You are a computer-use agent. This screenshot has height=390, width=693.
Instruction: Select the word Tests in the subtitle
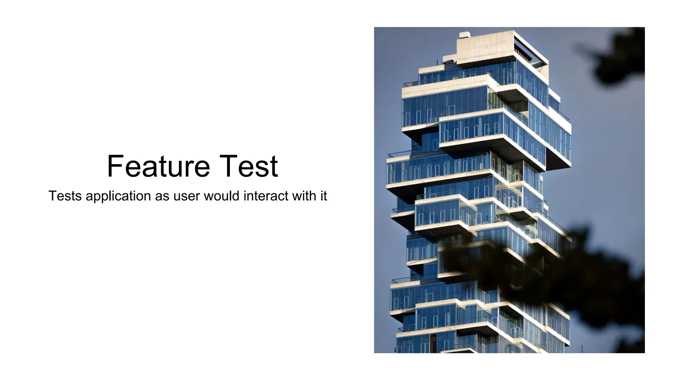[65, 196]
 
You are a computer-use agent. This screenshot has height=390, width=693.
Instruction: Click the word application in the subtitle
[118, 196]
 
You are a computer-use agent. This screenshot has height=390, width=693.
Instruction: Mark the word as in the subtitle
[162, 196]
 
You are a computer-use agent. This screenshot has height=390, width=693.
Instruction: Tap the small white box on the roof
[465, 35]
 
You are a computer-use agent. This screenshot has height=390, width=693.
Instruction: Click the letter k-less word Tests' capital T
[52, 196]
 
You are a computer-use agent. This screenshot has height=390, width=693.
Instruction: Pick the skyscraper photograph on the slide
[509, 190]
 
